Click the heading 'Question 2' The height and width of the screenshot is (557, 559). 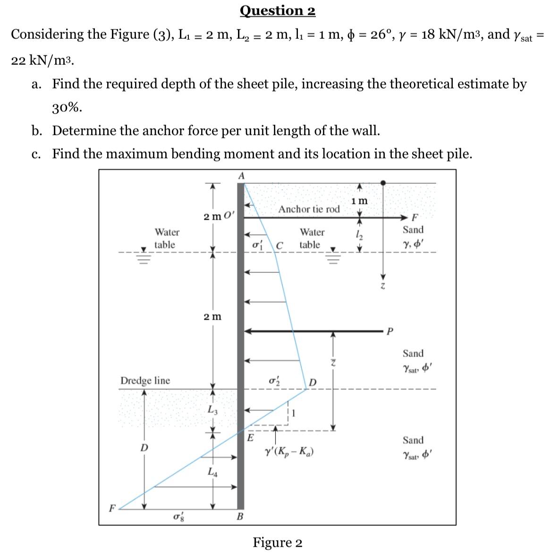pos(277,10)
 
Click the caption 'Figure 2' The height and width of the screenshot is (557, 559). pos(277,542)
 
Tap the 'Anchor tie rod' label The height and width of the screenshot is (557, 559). pos(309,209)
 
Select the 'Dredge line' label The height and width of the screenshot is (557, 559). pos(145,380)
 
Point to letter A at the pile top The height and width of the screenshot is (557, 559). pos(241,175)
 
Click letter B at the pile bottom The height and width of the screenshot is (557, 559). pos(240,516)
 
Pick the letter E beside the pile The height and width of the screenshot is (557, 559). pos(250,438)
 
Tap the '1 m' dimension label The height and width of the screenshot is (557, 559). pos(359,201)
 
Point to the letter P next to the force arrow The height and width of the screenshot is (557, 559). pos(390,331)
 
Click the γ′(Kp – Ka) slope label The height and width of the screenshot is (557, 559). pos(289,452)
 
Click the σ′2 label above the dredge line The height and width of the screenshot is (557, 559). pos(274,381)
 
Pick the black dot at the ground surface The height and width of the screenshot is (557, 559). pos(383,183)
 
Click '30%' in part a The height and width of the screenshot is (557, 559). pos(67,107)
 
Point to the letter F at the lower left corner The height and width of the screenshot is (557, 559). pos(112,508)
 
